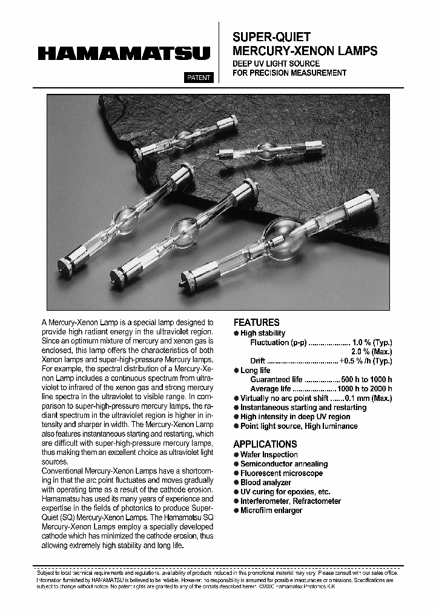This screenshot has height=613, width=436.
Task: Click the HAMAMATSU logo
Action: (x=124, y=54)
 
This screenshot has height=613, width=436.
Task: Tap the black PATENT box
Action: (x=197, y=78)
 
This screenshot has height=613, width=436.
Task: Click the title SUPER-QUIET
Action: (x=272, y=38)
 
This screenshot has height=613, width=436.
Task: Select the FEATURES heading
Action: (x=256, y=323)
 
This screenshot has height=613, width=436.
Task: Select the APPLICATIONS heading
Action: (x=265, y=444)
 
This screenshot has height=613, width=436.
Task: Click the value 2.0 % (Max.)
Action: (x=371, y=352)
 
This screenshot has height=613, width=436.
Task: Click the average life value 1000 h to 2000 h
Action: (x=365, y=389)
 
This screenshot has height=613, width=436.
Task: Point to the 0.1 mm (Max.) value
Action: (x=368, y=398)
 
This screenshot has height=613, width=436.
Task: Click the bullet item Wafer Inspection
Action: (x=269, y=454)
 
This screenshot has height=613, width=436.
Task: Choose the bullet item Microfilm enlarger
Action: (x=271, y=510)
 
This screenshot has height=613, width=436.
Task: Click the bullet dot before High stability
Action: (x=236, y=334)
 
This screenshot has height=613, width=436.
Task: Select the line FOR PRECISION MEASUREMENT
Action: (x=289, y=73)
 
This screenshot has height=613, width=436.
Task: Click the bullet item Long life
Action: (x=255, y=370)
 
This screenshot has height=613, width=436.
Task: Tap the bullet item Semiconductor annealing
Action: (x=283, y=464)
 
